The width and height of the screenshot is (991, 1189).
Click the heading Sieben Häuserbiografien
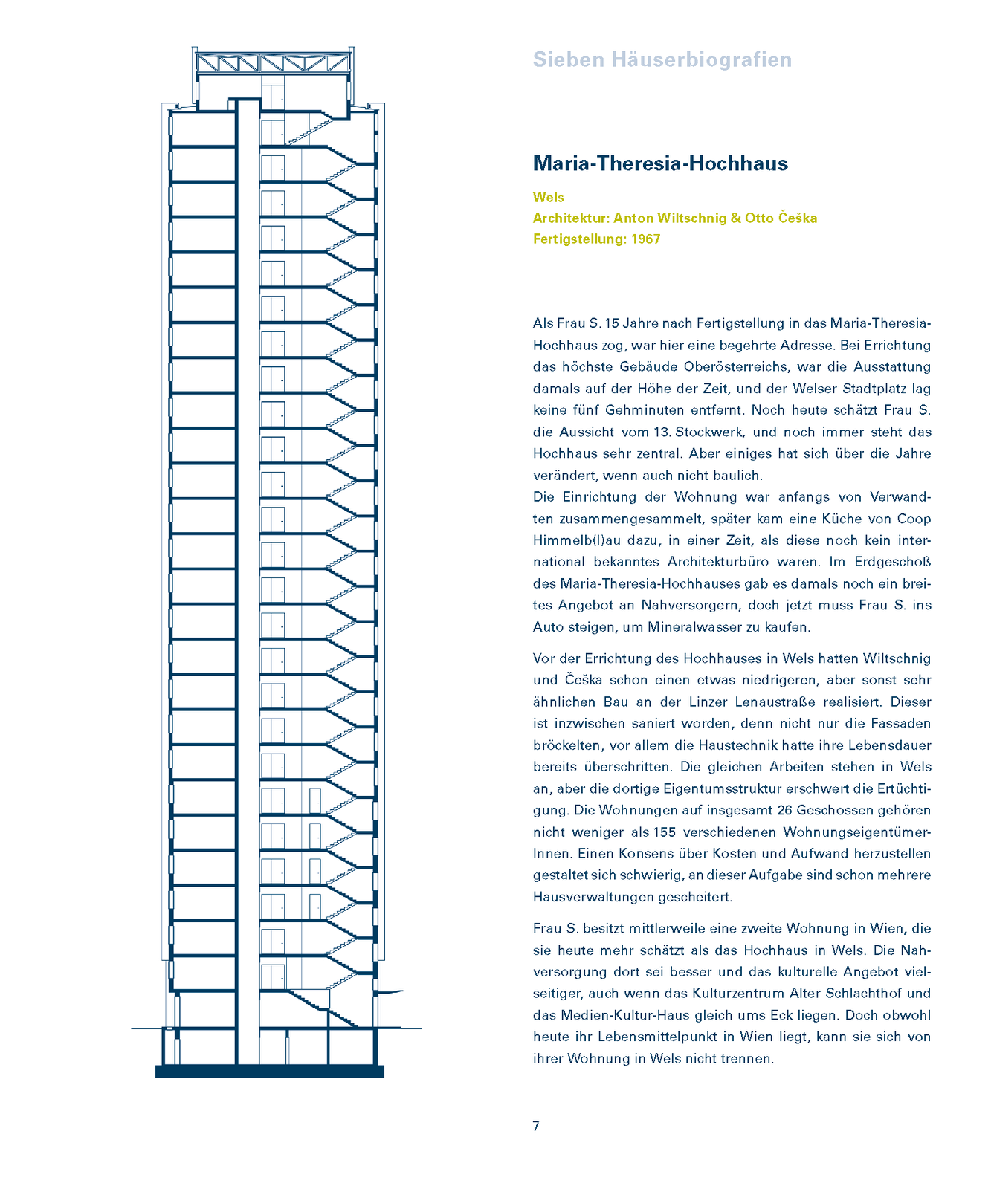click(x=662, y=60)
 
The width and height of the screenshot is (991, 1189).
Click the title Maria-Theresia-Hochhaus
click(x=660, y=163)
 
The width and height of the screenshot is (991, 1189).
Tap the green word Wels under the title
click(x=549, y=198)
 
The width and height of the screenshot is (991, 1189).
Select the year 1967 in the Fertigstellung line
click(x=645, y=239)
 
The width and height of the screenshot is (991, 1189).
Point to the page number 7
click(x=536, y=1126)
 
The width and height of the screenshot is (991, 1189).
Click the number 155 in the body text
click(x=665, y=832)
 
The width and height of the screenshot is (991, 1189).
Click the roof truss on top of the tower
click(x=273, y=62)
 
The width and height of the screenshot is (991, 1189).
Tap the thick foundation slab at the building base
click(x=269, y=1072)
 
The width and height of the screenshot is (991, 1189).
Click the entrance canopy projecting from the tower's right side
click(x=390, y=992)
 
